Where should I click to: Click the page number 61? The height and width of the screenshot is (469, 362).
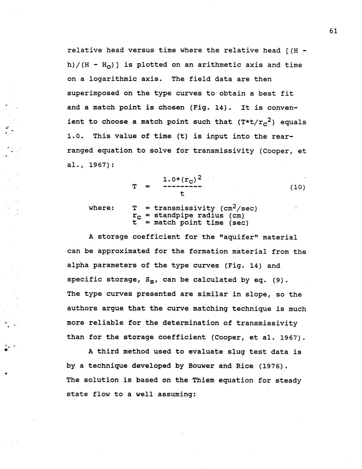(x=333, y=31)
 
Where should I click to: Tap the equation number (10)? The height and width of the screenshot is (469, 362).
(x=298, y=187)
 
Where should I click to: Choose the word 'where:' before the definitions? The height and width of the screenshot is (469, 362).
(x=101, y=208)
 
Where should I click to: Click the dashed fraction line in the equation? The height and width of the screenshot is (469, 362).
(x=182, y=187)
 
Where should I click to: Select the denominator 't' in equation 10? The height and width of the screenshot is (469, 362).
(x=182, y=194)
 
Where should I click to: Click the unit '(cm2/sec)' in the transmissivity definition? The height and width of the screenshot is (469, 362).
(x=239, y=208)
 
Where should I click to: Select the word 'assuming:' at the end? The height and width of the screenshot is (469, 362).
(x=177, y=395)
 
